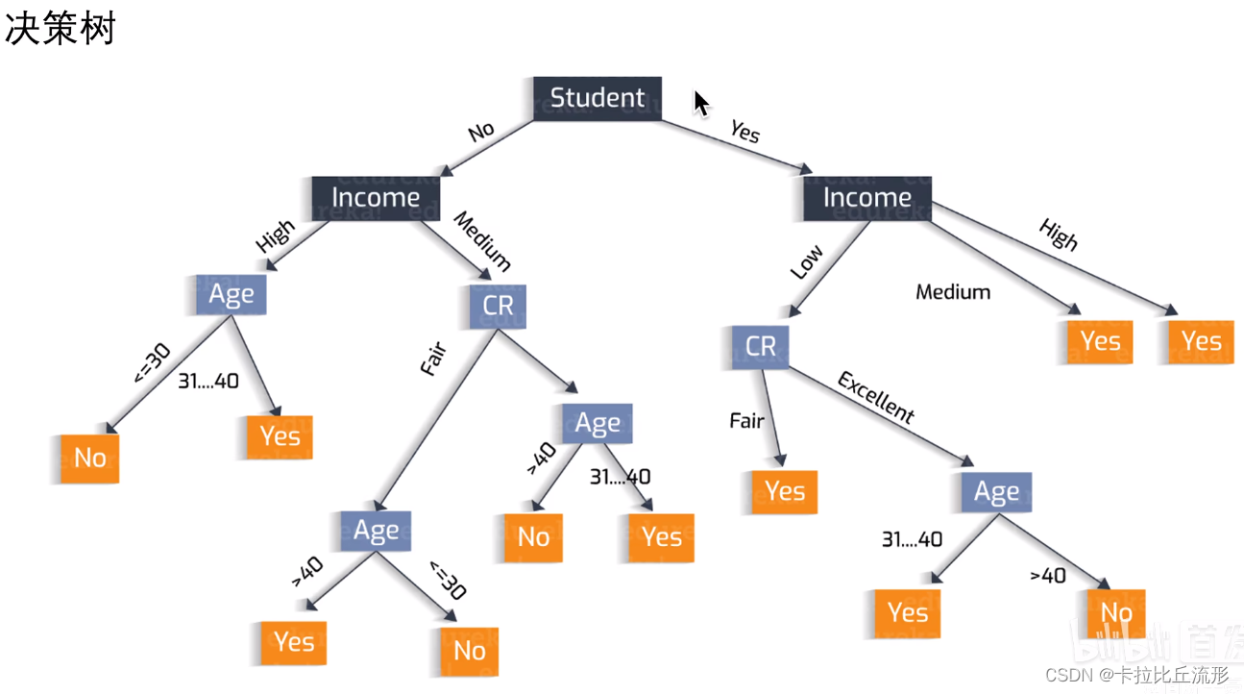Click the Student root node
tap(597, 98)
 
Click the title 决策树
tap(60, 29)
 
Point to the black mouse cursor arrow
tap(701, 103)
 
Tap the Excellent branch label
tap(875, 397)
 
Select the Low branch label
tap(806, 261)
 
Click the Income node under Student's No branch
tap(376, 197)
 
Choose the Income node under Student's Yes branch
tap(866, 197)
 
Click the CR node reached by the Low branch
tap(760, 346)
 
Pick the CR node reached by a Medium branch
tap(499, 306)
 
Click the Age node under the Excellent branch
tap(996, 492)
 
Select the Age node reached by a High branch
tap(231, 295)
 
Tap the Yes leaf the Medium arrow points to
tap(1100, 341)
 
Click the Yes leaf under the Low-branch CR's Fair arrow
tap(785, 491)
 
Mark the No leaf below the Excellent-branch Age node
tap(1116, 612)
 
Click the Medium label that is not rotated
tap(952, 291)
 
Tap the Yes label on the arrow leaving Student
tap(744, 131)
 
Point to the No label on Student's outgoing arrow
tap(481, 131)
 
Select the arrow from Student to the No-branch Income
tap(485, 147)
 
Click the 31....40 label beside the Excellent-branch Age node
tap(912, 539)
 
